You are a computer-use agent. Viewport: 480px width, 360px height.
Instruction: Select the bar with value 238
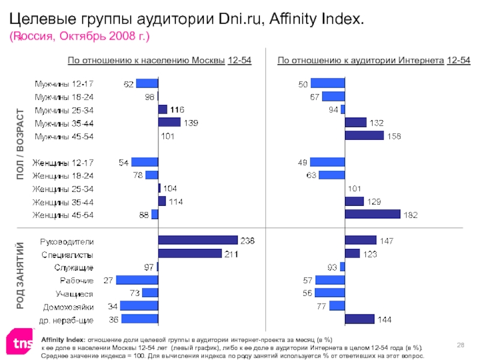[x=197, y=241]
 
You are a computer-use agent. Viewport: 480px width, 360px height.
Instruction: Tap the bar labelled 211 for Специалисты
[x=190, y=254]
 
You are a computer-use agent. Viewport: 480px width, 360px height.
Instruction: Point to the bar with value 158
[x=364, y=136]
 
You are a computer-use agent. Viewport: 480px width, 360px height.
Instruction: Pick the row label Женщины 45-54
[x=63, y=215]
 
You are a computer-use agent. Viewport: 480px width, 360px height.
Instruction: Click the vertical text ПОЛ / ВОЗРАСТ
[x=21, y=144]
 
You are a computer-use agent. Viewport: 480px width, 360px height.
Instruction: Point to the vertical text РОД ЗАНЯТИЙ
[x=21, y=275]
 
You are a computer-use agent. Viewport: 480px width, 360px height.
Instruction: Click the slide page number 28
[x=461, y=343]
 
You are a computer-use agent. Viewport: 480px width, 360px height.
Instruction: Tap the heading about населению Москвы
[x=160, y=61]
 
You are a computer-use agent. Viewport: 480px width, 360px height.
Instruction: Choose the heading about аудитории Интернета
[x=374, y=61]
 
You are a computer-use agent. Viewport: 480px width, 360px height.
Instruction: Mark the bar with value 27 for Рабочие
[x=137, y=280]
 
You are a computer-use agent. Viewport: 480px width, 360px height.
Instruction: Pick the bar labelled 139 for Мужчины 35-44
[x=169, y=122]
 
